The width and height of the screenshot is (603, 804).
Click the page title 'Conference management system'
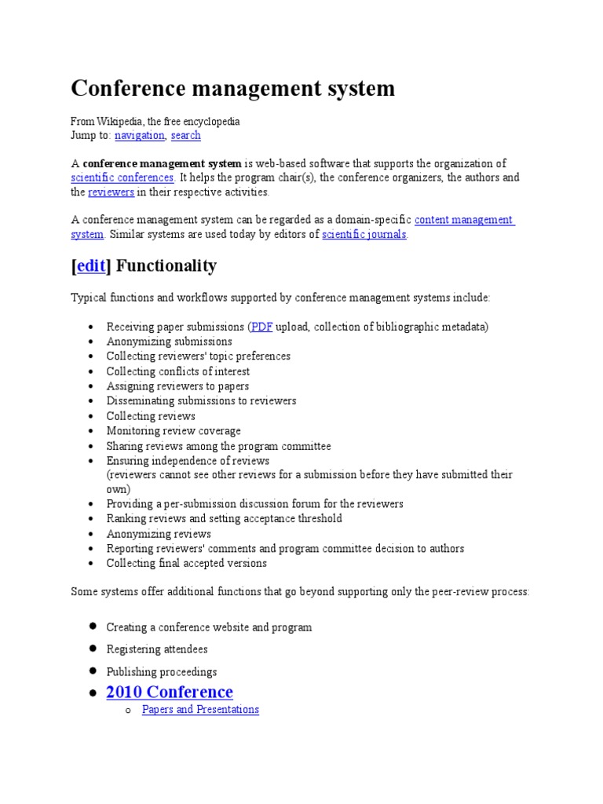233,89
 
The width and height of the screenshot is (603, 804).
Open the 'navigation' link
139,135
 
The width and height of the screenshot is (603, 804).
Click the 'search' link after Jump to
185,135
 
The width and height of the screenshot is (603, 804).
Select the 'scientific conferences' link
122,177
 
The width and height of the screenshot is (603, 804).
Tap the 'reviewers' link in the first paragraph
111,192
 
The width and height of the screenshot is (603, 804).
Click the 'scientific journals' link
364,234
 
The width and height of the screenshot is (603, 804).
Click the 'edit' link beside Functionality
90,266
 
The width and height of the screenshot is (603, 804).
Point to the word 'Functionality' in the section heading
166,266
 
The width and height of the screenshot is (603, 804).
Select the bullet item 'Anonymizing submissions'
169,342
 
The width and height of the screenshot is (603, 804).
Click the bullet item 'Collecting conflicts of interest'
178,371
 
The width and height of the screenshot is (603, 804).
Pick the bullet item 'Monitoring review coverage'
174,431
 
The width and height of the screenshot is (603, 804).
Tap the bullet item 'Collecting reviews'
151,416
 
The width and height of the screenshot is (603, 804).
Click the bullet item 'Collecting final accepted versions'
186,563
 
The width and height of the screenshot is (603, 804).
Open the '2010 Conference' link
170,692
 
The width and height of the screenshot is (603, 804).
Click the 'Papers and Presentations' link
200,709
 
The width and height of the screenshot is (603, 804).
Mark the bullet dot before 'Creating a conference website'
92,626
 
